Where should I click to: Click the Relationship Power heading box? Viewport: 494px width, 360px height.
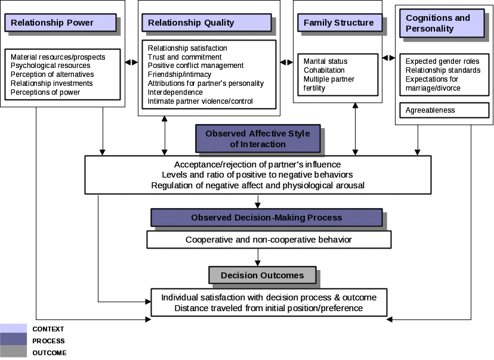[60, 23]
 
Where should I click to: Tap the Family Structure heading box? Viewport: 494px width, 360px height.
[339, 23]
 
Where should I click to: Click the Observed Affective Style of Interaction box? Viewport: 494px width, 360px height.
[258, 138]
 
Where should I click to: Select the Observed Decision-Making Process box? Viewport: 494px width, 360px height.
[266, 218]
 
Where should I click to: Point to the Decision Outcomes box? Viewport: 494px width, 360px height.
[262, 275]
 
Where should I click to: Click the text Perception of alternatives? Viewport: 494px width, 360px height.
[52, 75]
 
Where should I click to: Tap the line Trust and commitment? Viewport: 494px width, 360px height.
[184, 57]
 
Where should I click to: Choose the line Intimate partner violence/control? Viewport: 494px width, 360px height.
[200, 101]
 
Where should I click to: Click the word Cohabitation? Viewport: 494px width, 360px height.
[324, 70]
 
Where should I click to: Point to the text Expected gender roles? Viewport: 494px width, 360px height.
[442, 61]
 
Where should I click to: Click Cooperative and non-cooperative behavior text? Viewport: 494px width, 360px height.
[268, 240]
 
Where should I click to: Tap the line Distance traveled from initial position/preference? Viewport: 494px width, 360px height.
[268, 308]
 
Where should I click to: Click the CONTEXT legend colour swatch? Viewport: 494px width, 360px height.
[13, 329]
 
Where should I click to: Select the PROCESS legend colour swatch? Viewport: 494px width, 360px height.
[13, 341]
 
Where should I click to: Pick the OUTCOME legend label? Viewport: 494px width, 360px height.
[50, 353]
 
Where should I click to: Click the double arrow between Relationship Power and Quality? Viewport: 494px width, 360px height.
[131, 61]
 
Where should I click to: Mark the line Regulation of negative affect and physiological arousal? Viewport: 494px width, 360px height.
[258, 185]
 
